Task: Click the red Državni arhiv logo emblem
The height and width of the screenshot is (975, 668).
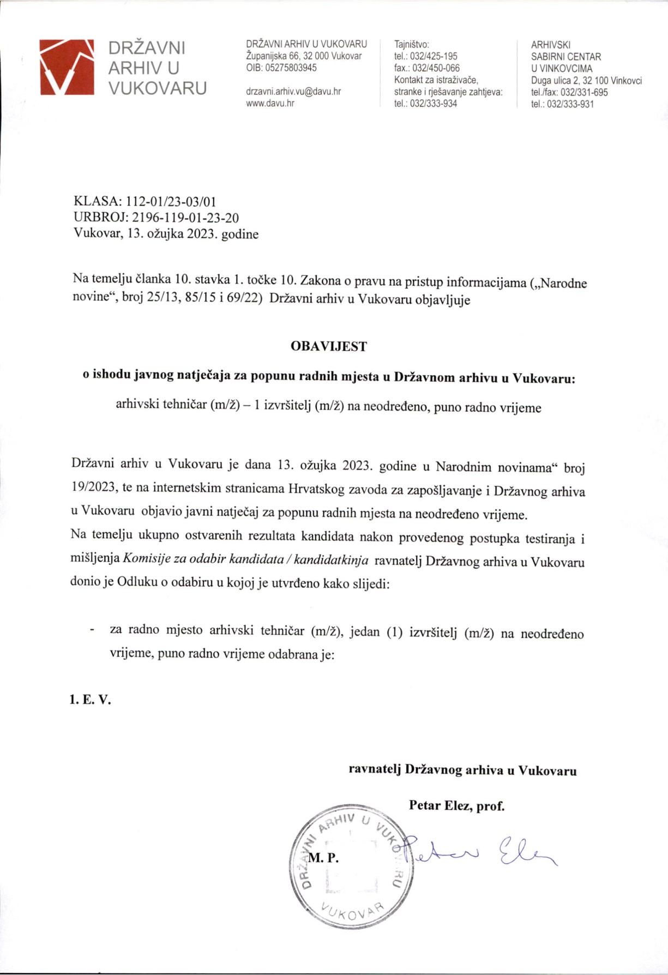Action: coord(68,67)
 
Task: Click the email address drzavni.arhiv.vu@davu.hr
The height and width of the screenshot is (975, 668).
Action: coord(293,92)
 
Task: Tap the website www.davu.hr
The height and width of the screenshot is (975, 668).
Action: coord(270,103)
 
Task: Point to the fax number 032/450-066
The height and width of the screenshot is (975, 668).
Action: coord(435,68)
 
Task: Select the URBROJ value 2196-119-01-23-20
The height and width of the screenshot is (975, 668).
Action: coord(185,218)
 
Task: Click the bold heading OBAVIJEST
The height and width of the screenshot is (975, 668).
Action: coord(329,346)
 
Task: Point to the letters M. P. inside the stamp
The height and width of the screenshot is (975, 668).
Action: coord(323,858)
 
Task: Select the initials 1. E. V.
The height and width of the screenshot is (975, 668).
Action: coord(90,700)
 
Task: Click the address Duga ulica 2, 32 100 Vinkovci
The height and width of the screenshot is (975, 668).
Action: coord(586,81)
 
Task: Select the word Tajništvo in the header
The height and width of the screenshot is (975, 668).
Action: coord(412,44)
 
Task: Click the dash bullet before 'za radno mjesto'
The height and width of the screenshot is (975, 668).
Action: coord(92,630)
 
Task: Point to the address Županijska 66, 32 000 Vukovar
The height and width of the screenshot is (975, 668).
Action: coord(304,56)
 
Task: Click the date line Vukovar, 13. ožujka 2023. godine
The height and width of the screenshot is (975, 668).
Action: coord(166,234)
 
